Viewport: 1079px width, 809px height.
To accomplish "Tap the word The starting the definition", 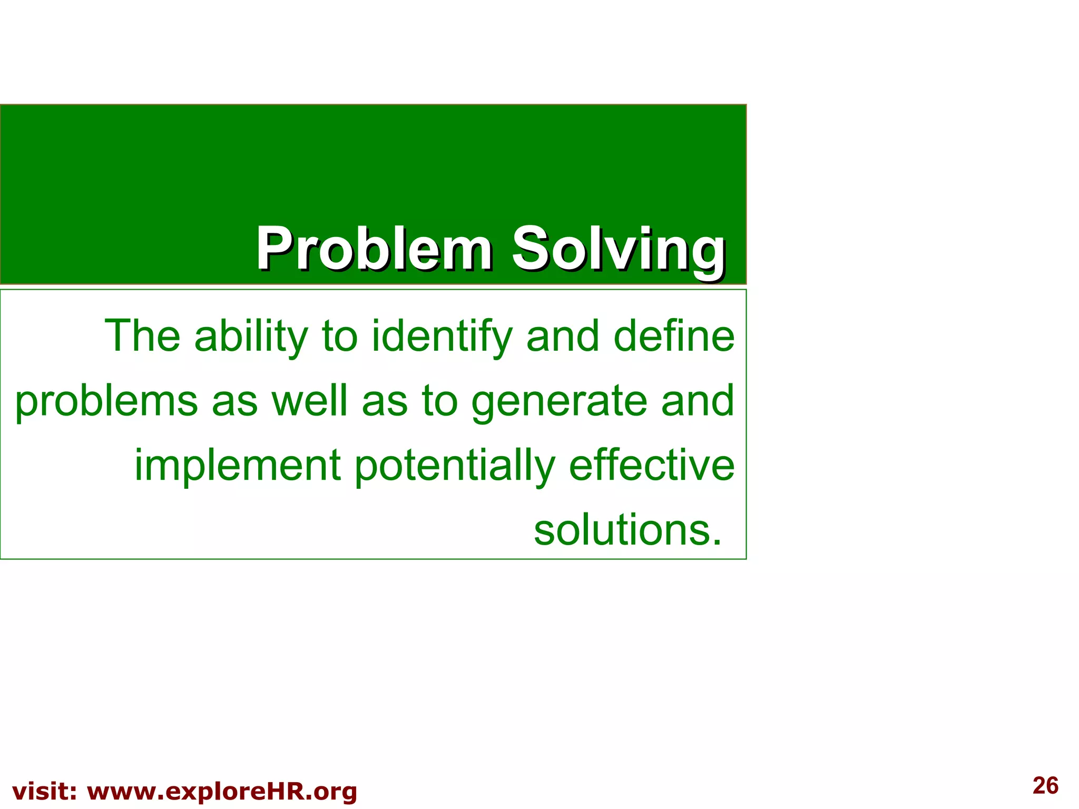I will pyautogui.click(x=142, y=336).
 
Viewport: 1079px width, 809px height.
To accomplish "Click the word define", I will pyautogui.click(x=674, y=336).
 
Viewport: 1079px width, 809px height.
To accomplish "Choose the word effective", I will pyautogui.click(x=652, y=465).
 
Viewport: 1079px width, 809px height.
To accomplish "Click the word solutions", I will pyautogui.click(x=627, y=529).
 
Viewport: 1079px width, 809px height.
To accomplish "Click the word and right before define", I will pyautogui.click(x=563, y=336).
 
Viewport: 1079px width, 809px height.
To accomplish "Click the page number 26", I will pyautogui.click(x=1045, y=785).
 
